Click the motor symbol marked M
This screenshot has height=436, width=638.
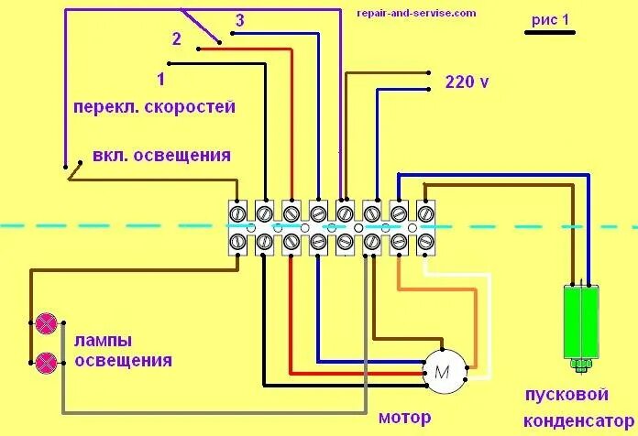(x=443, y=372)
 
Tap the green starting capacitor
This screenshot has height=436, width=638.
(x=581, y=322)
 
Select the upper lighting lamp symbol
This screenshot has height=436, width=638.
(x=46, y=323)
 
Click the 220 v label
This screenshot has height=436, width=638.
(x=467, y=82)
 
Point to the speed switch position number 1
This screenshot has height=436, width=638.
(x=161, y=79)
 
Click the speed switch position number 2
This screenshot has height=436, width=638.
(x=177, y=38)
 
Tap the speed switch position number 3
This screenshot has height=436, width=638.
(x=239, y=20)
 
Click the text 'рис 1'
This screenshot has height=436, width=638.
(x=550, y=19)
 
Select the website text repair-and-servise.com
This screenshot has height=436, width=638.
(x=417, y=13)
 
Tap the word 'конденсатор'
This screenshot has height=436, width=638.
(x=573, y=420)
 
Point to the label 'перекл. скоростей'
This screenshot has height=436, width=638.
(x=155, y=106)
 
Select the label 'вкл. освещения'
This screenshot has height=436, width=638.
(x=161, y=155)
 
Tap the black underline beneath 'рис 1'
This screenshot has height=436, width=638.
(x=549, y=32)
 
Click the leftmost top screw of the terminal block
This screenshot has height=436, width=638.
(x=236, y=213)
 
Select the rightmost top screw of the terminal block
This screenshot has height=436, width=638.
(x=426, y=213)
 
